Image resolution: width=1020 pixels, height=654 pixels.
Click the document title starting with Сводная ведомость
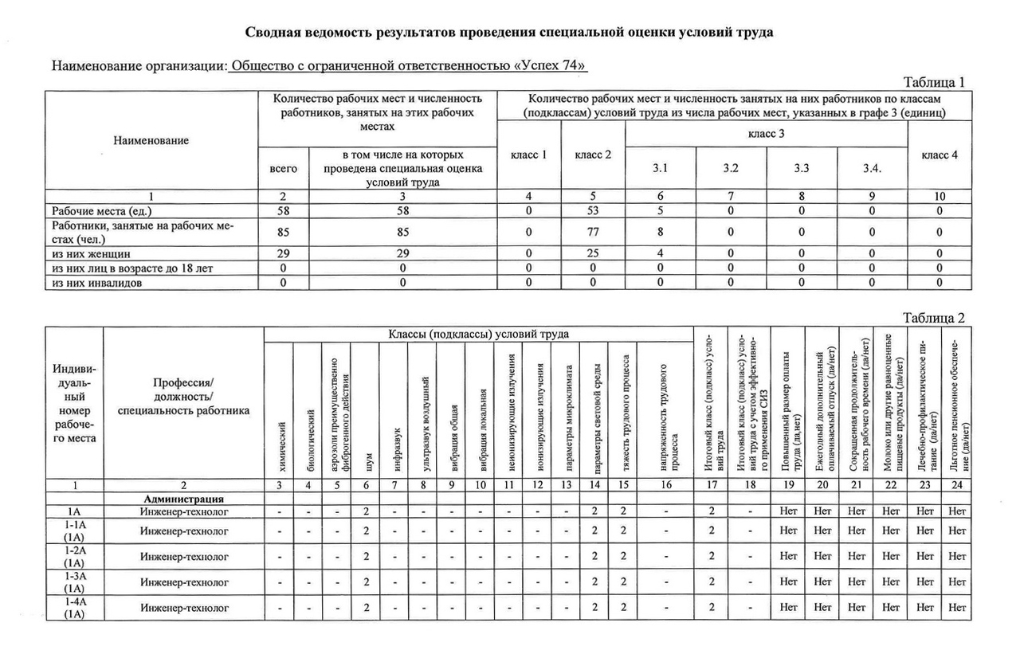click(x=509, y=33)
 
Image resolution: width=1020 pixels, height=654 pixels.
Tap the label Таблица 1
click(x=933, y=82)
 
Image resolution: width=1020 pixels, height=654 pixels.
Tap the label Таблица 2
click(x=933, y=318)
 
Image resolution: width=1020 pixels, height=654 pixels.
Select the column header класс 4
click(x=940, y=155)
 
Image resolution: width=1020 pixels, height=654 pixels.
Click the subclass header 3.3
click(x=802, y=169)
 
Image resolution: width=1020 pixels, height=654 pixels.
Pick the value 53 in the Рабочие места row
click(x=593, y=211)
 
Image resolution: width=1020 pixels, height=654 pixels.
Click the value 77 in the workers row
click(x=593, y=233)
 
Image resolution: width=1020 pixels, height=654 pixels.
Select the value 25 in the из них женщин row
click(x=593, y=254)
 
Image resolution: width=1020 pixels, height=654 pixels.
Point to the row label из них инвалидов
click(x=98, y=282)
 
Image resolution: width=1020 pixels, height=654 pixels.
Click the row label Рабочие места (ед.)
click(x=101, y=211)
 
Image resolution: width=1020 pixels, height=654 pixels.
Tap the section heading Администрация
click(x=183, y=499)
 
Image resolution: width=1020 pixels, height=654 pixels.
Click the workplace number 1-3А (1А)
click(x=74, y=582)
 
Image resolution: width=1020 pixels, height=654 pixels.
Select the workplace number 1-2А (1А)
click(x=74, y=556)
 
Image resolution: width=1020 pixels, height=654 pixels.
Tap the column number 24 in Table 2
click(x=957, y=485)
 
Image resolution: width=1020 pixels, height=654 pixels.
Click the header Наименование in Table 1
click(x=151, y=141)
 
